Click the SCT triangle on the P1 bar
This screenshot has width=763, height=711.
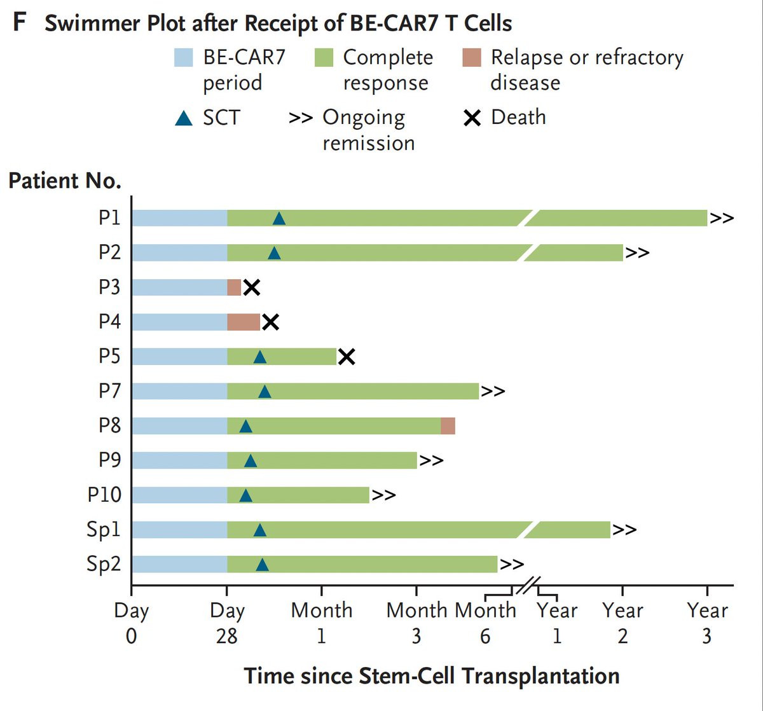tap(278, 219)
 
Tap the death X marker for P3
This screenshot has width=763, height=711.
tap(252, 287)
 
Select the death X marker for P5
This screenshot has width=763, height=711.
tap(346, 357)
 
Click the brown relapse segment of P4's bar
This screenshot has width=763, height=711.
tap(244, 322)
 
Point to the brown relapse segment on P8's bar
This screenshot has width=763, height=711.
tap(448, 425)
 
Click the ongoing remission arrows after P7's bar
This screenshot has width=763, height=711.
tap(493, 391)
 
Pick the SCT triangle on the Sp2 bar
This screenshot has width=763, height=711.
tap(262, 564)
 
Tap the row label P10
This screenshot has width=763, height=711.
tap(104, 495)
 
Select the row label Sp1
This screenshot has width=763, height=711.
tap(104, 529)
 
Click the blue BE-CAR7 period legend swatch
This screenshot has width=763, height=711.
tap(183, 58)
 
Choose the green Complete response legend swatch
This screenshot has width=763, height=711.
tap(324, 58)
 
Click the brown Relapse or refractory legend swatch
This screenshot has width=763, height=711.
tap(472, 58)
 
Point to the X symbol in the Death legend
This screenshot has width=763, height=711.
tap(472, 118)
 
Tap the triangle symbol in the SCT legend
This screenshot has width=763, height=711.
tap(183, 118)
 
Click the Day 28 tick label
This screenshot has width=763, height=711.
tap(227, 623)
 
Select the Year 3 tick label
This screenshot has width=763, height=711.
tap(707, 623)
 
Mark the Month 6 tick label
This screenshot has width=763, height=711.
tap(485, 623)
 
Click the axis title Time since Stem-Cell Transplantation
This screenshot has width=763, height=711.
tap(432, 675)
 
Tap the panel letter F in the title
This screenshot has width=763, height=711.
tap(20, 24)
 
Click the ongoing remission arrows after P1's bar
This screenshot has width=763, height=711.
tap(722, 218)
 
